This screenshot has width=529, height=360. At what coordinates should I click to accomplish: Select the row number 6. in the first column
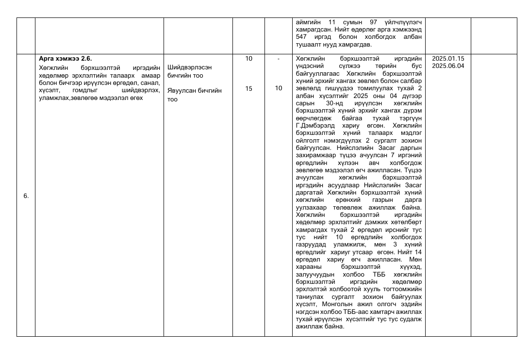26,196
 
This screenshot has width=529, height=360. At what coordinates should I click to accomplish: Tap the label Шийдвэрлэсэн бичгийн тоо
189,71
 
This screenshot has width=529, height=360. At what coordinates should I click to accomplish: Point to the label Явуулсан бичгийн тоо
194,95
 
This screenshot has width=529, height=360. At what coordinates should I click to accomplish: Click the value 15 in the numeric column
248,88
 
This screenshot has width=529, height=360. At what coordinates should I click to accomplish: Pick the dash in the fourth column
279,59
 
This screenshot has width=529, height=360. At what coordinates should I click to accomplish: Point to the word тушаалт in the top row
310,45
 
